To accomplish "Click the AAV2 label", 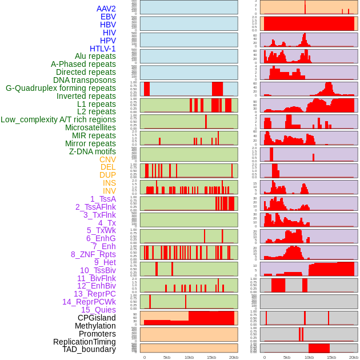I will tap(106, 9).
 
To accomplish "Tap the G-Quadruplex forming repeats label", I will tap(61, 88).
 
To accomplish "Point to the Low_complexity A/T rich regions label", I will tap(58, 119).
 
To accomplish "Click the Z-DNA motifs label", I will tap(92, 151).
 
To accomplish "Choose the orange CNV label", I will tap(107, 159).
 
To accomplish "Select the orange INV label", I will tap(109, 191).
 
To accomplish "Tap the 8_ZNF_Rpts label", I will tap(93, 254).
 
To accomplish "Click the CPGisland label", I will tap(97, 318).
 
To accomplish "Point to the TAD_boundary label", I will tap(89, 349).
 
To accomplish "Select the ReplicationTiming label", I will tap(84, 342).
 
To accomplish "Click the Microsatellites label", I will tap(90, 127).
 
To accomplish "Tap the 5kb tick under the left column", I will tap(167, 357).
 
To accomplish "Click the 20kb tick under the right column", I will tap(354, 357).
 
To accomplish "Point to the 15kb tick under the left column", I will tap(211, 357).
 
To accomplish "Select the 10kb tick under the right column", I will tap(309, 357).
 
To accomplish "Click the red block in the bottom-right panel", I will tap(319, 348).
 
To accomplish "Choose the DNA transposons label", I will tap(85, 80).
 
